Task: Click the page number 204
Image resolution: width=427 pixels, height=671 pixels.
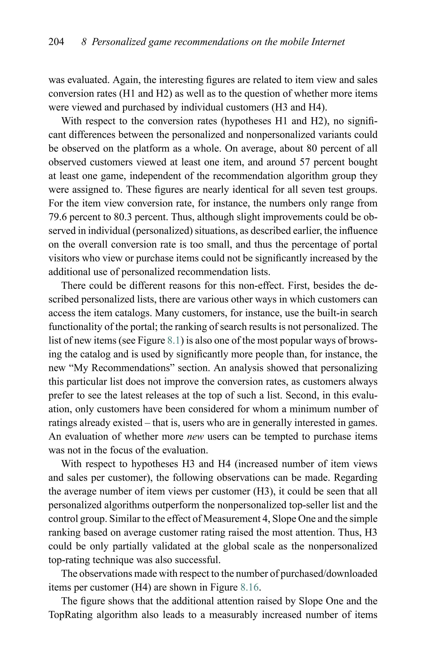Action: pos(56,42)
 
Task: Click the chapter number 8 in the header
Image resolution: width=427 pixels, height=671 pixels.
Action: pos(84,42)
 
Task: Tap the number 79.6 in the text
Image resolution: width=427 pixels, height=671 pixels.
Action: pos(57,217)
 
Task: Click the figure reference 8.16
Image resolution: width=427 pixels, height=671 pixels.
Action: pos(249,587)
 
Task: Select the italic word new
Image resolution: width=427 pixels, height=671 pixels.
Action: pos(195,437)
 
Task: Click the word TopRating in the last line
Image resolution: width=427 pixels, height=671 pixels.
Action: pos(70,615)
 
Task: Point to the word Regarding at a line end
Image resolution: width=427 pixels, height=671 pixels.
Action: pos(355,478)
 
